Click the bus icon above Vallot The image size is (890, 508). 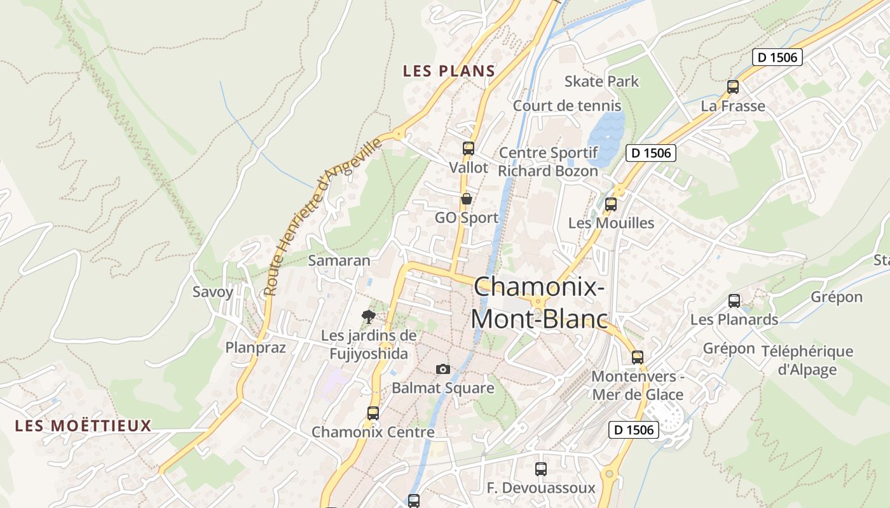pyautogui.click(x=469, y=149)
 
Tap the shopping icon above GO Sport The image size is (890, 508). pyautogui.click(x=466, y=199)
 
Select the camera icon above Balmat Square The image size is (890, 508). pyautogui.click(x=443, y=369)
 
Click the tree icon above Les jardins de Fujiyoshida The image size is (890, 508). pyautogui.click(x=368, y=316)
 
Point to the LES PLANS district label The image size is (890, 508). pyautogui.click(x=449, y=71)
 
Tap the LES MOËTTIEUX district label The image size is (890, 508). pyautogui.click(x=83, y=425)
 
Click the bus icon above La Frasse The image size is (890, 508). pyautogui.click(x=733, y=87)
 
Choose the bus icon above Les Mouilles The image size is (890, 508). pyautogui.click(x=611, y=204)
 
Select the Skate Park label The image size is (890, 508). pyautogui.click(x=601, y=81)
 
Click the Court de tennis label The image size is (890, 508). pyautogui.click(x=566, y=105)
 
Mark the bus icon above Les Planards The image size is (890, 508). pyautogui.click(x=734, y=301)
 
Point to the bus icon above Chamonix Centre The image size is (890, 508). pyautogui.click(x=373, y=413)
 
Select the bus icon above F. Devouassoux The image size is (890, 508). pyautogui.click(x=541, y=469)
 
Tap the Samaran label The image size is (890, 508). pyautogui.click(x=339, y=260)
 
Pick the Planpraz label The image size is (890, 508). pyautogui.click(x=256, y=347)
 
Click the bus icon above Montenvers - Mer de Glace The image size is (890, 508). pyautogui.click(x=638, y=358)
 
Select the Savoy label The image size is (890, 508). pyautogui.click(x=213, y=292)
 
